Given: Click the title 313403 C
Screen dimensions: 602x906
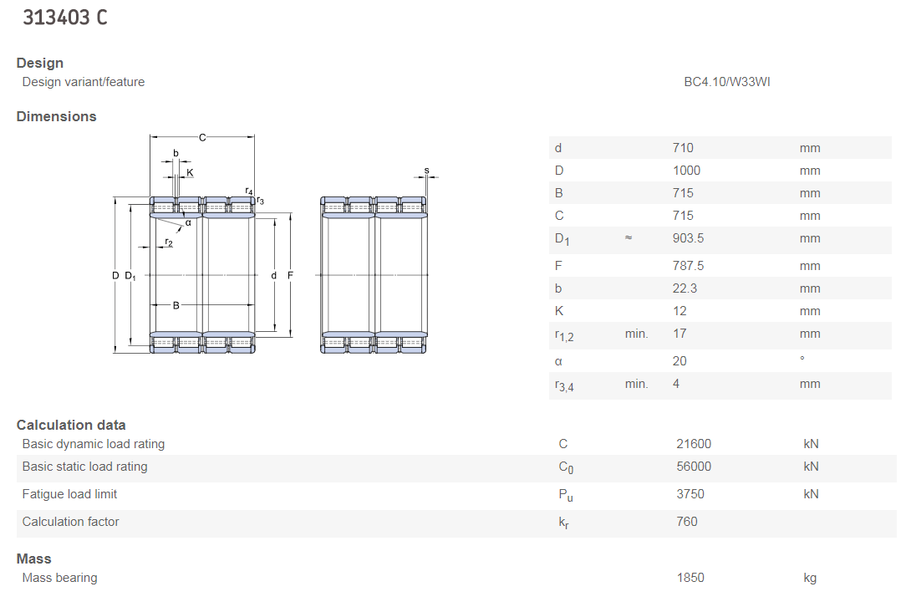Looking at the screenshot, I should coord(65,18).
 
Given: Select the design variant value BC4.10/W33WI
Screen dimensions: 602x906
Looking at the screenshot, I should coord(726,82).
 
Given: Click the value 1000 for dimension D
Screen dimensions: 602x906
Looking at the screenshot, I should coord(686,171).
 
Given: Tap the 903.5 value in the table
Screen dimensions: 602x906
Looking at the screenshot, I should coord(688,238).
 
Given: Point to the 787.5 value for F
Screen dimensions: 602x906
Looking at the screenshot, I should coord(688,266).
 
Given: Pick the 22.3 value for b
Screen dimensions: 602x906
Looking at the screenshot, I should coord(685,288).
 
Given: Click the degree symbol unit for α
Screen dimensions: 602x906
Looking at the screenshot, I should coord(802,360).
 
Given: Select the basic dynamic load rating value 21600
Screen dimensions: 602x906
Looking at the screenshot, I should coord(694,444).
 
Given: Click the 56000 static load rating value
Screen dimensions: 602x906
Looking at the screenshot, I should coord(694,467).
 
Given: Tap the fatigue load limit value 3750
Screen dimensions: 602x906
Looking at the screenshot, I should coord(690,494).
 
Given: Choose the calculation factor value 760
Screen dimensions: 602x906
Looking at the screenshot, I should coord(687,522).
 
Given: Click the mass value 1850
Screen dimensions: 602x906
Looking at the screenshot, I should coord(690,578).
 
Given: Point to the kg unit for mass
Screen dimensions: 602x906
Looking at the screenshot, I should coord(810,578).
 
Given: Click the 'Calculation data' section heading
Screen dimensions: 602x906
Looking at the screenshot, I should coord(71,425).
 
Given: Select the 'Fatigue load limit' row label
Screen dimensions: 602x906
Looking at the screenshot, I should coord(69,494).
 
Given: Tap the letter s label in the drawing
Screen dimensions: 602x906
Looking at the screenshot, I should coord(426,171).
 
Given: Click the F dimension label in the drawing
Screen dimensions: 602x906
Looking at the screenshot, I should coord(290,275).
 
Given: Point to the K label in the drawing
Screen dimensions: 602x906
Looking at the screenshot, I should coord(190,173).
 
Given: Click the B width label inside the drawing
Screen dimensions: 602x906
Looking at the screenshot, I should coord(176,305).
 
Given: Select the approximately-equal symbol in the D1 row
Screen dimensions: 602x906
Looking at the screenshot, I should coord(629,238).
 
